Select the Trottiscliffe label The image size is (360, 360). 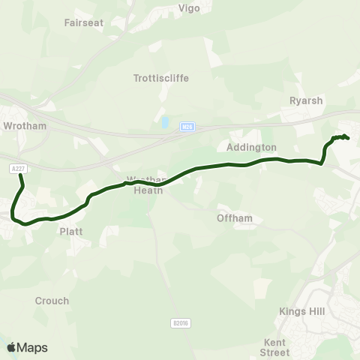click(x=160, y=77)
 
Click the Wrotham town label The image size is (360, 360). click(x=25, y=126)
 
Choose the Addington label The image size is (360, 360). click(x=251, y=148)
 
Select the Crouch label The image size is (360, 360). click(x=52, y=301)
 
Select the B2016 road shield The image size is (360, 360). click(x=178, y=323)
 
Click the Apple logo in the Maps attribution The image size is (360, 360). click(x=12, y=347)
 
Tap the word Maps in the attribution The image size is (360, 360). click(x=32, y=347)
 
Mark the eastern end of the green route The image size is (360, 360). click(x=347, y=138)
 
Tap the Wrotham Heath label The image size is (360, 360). click(x=147, y=185)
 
